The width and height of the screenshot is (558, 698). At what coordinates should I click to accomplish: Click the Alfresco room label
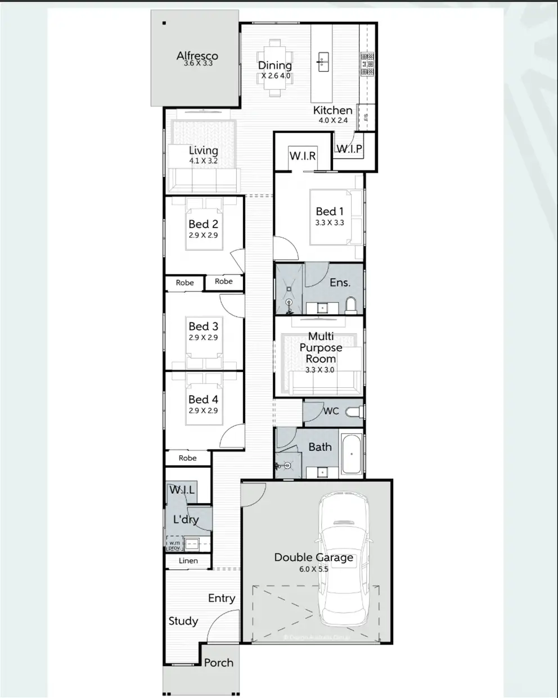click(197, 55)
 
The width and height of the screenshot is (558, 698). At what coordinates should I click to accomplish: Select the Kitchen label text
click(332, 110)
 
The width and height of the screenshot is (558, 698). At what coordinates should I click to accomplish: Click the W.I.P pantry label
click(349, 149)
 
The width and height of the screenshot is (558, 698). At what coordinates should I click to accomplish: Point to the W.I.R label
click(302, 155)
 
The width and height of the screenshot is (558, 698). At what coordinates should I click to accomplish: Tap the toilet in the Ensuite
click(351, 305)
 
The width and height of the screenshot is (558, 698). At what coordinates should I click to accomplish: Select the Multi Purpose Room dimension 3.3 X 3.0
click(319, 370)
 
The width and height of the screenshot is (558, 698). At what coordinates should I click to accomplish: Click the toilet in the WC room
click(354, 411)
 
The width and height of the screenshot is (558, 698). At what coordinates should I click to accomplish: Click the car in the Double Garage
click(343, 562)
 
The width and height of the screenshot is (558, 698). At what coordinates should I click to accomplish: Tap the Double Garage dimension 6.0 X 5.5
click(313, 569)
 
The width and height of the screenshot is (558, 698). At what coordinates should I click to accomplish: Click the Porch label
click(218, 663)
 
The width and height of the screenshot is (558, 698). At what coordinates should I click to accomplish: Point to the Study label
click(183, 621)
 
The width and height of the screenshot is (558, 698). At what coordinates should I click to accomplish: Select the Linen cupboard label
click(188, 561)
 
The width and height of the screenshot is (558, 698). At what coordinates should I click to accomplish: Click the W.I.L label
click(182, 490)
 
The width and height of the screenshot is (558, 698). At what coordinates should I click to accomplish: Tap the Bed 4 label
click(203, 399)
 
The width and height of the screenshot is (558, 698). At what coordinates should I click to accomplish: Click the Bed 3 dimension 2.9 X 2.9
click(203, 338)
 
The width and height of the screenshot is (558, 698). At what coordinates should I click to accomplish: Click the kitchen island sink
click(323, 61)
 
